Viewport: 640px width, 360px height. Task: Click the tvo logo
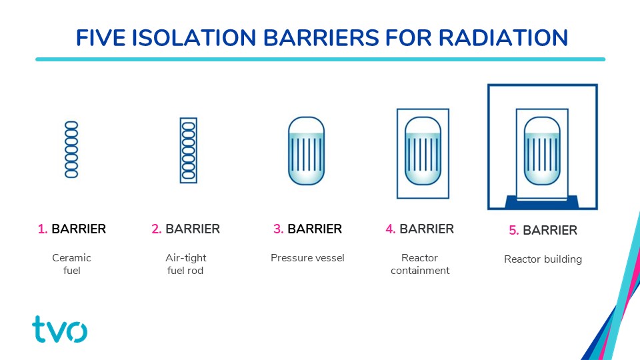click(x=59, y=329)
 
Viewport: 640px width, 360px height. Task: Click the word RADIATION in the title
click(x=503, y=38)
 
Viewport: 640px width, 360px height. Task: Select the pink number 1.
click(x=43, y=229)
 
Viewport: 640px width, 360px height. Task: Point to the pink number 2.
click(x=156, y=229)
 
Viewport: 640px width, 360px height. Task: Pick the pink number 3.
click(x=279, y=229)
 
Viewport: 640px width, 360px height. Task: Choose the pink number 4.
click(x=391, y=229)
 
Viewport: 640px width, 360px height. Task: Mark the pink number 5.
click(x=514, y=230)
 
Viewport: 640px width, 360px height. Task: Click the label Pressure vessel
click(x=307, y=258)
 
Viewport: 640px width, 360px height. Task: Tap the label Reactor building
click(x=543, y=259)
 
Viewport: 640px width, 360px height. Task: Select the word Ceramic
click(x=71, y=258)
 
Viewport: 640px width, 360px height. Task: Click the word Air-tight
click(x=186, y=258)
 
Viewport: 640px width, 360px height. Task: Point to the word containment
click(x=420, y=271)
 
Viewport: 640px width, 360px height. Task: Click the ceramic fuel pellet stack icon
click(x=71, y=149)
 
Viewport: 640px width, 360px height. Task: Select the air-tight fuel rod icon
click(x=189, y=150)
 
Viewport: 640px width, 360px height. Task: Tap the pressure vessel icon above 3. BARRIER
click(x=306, y=151)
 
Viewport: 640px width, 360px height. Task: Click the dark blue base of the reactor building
click(x=542, y=203)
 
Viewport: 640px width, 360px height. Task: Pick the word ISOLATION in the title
click(x=194, y=38)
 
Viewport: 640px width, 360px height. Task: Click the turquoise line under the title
click(x=321, y=59)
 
